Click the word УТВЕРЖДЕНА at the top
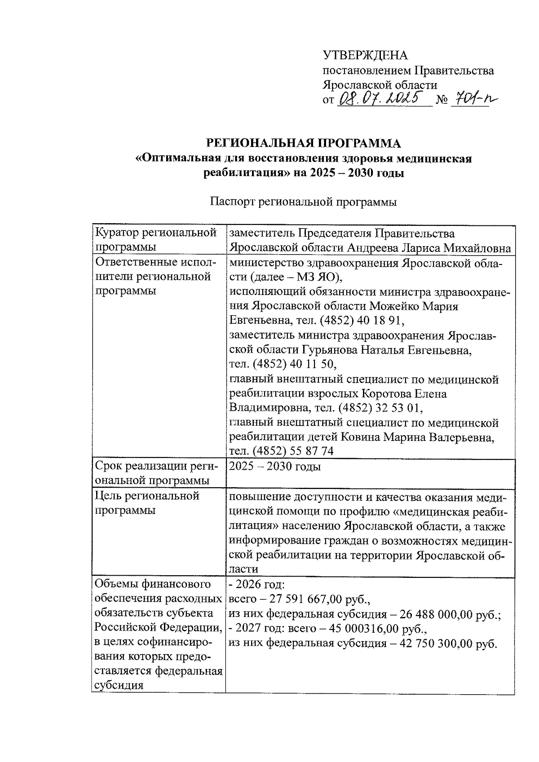click(x=365, y=55)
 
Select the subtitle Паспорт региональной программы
click(x=303, y=202)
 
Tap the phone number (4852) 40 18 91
click(x=361, y=321)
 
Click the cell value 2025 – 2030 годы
click(x=275, y=467)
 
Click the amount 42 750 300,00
click(x=429, y=643)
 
